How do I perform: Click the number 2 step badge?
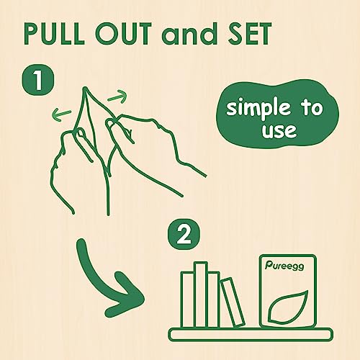(184, 235)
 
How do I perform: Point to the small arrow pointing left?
(62, 114)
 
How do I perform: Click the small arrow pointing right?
(117, 96)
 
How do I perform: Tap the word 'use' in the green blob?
(279, 131)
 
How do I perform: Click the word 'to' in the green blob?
(312, 108)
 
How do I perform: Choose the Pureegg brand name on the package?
(284, 266)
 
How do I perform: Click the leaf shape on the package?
(288, 307)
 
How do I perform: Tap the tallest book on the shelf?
(201, 294)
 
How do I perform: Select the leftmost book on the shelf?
(188, 300)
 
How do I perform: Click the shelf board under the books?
(251, 334)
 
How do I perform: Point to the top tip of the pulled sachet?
(84, 88)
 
